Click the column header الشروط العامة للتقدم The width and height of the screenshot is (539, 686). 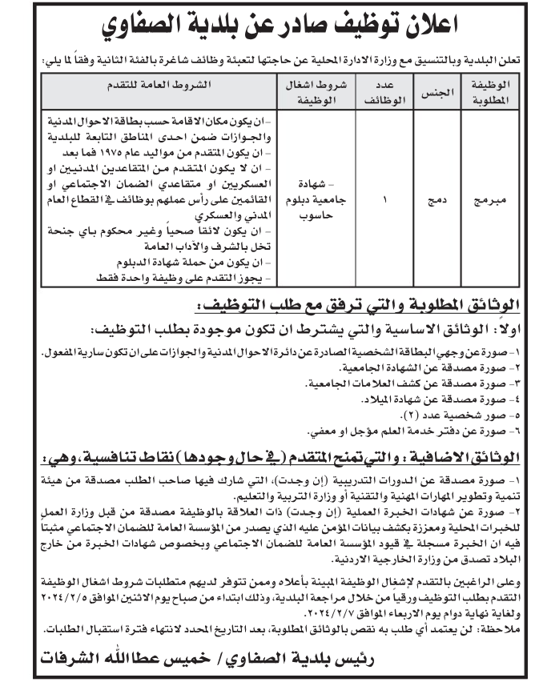point(155,84)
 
